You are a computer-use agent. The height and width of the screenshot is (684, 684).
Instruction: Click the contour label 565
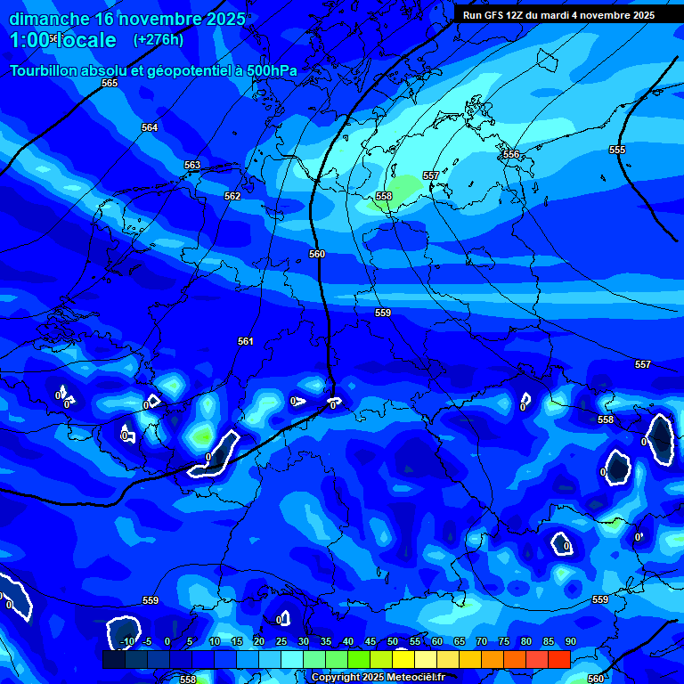110,83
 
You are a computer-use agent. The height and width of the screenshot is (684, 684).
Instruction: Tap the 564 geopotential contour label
150,128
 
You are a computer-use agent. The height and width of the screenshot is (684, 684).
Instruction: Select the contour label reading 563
192,166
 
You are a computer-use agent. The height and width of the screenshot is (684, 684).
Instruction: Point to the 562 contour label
232,196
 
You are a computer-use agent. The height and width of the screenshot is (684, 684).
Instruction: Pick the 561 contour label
246,341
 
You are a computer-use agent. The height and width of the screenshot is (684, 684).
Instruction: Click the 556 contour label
511,155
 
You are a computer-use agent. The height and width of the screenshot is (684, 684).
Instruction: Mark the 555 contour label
617,150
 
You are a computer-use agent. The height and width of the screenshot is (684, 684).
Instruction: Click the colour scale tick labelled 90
570,641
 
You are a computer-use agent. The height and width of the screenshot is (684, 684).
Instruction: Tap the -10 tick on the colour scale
126,641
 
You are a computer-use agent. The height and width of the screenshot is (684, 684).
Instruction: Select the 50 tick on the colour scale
393,641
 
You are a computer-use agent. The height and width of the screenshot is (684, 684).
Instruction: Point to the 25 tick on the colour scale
281,641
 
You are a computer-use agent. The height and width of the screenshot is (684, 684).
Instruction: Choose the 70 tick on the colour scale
482,641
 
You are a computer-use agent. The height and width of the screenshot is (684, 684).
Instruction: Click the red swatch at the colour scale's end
558,659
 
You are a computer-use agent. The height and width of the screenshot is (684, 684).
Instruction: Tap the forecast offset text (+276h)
159,40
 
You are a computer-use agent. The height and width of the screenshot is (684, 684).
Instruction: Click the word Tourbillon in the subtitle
44,70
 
